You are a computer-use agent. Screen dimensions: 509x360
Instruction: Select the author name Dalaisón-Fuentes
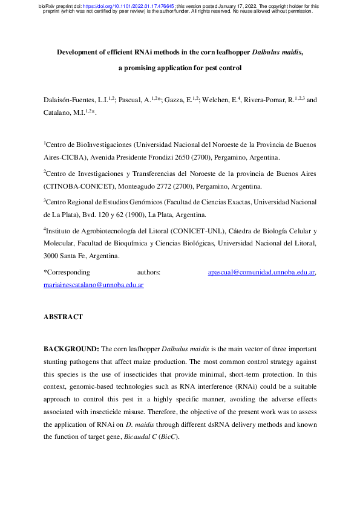coord(72,99)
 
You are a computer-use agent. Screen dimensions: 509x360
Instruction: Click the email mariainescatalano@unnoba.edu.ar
coord(93,285)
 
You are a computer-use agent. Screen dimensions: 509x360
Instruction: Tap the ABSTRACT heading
coord(63,317)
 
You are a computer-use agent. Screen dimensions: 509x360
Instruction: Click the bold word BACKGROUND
coord(71,349)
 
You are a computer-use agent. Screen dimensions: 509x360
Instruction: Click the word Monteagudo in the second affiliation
coord(143,186)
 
